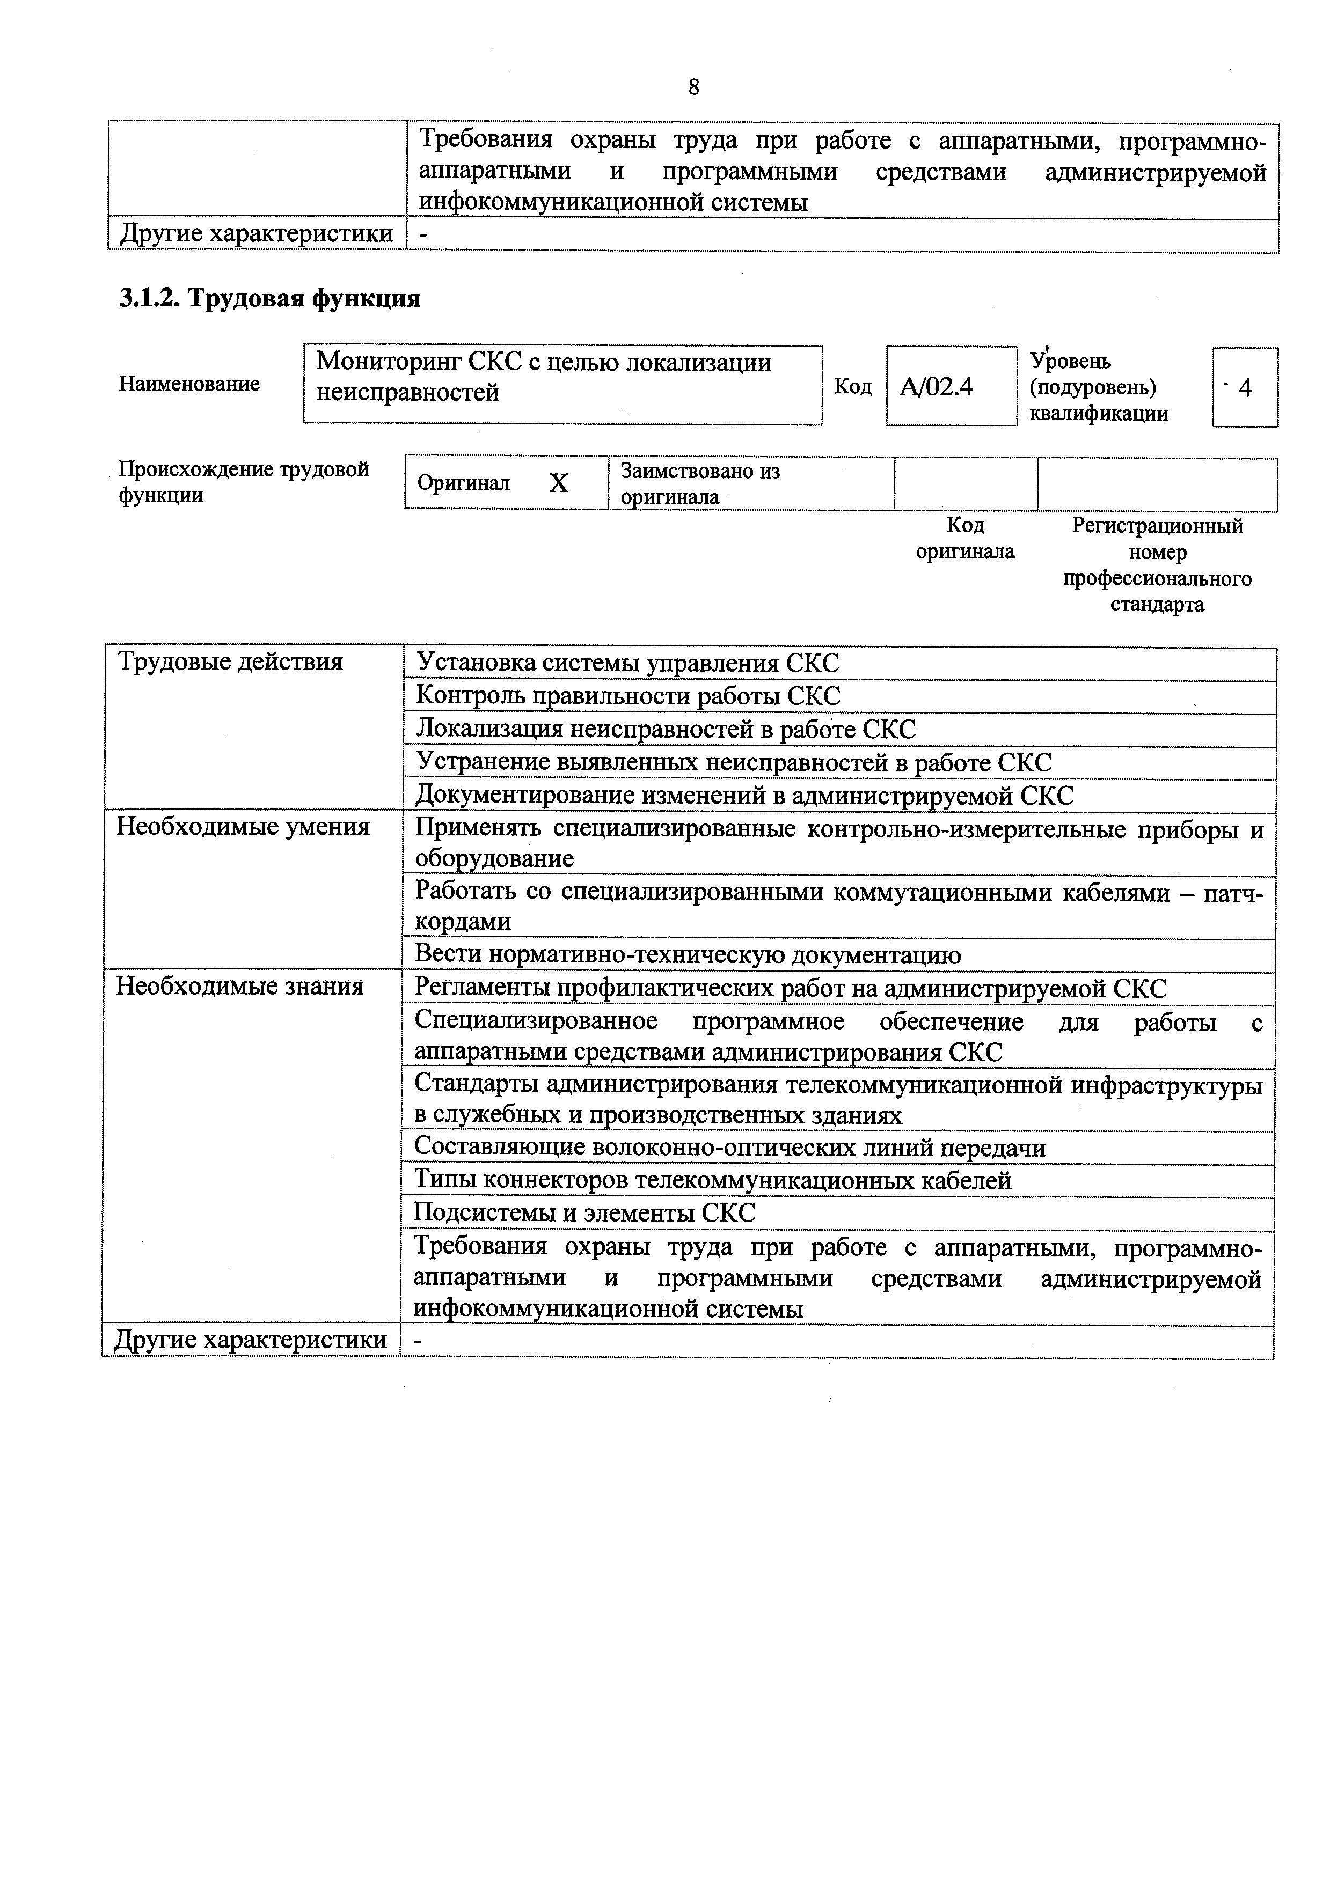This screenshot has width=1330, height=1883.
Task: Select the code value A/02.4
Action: click(x=936, y=386)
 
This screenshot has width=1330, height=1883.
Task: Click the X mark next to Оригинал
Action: click(x=558, y=483)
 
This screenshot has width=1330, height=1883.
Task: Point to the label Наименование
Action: click(x=189, y=384)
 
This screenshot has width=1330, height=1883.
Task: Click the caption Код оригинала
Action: click(x=965, y=538)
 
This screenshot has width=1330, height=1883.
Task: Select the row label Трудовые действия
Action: click(x=231, y=662)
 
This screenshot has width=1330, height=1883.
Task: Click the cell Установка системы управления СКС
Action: click(x=627, y=664)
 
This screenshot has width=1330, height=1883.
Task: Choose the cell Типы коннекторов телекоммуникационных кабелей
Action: click(x=713, y=1180)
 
